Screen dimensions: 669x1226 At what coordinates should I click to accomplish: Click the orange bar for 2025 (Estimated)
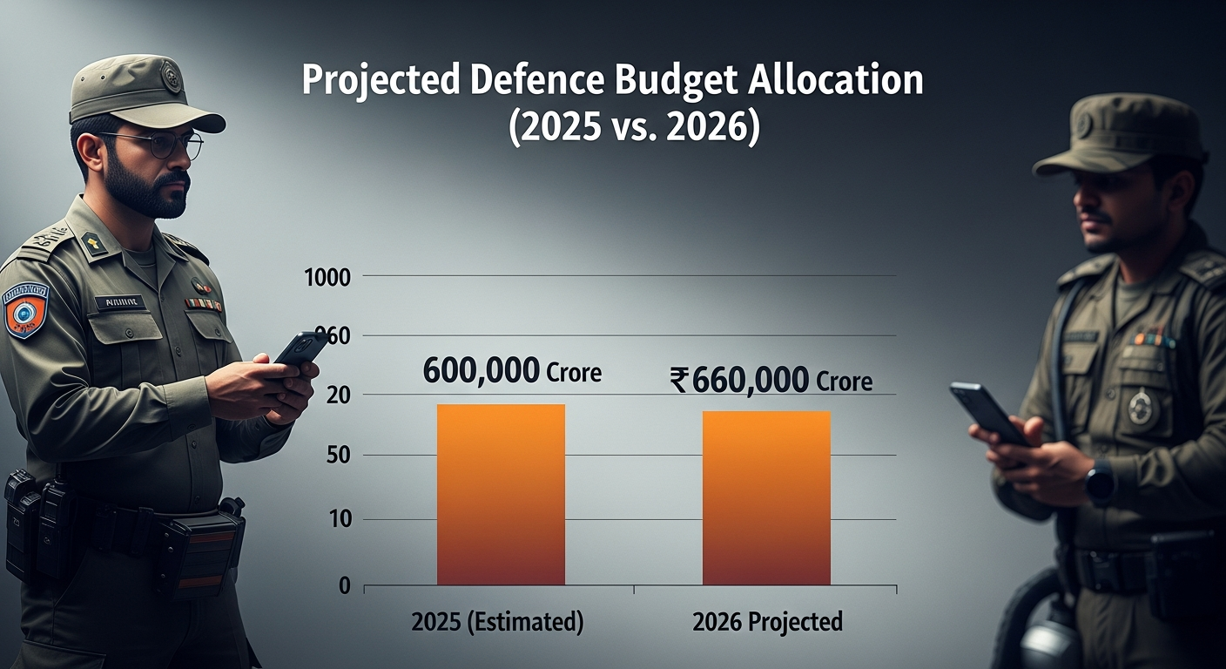[x=501, y=494]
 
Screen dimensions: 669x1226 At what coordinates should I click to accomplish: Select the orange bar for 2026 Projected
[x=766, y=497]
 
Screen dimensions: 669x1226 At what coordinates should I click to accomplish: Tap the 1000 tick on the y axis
[x=327, y=278]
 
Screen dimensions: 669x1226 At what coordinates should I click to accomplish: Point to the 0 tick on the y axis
[x=344, y=586]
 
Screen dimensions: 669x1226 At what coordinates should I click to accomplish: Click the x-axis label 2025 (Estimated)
[x=497, y=622]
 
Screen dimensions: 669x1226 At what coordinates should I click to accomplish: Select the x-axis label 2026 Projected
[x=767, y=622]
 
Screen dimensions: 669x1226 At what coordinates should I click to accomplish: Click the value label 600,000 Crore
[x=512, y=372]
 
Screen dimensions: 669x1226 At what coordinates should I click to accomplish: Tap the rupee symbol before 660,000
[x=678, y=381]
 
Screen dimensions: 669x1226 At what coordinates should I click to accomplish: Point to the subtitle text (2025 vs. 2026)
[x=634, y=126]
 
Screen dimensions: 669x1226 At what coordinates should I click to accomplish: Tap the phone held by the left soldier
[x=300, y=348]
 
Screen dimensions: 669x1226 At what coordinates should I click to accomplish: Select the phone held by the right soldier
[x=988, y=413]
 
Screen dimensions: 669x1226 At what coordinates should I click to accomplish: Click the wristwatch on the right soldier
[x=1100, y=482]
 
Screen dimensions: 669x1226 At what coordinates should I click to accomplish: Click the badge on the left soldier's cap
[x=172, y=77]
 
